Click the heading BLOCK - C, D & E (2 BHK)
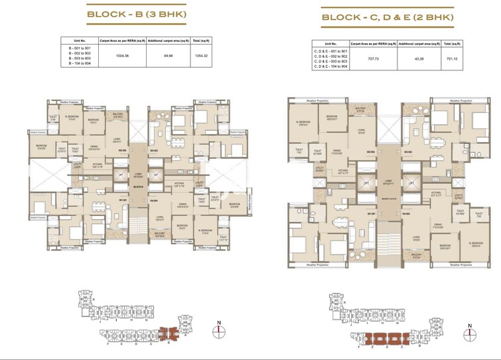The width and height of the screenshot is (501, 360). pos(388,17)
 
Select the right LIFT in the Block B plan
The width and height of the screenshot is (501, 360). pos(156,175)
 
